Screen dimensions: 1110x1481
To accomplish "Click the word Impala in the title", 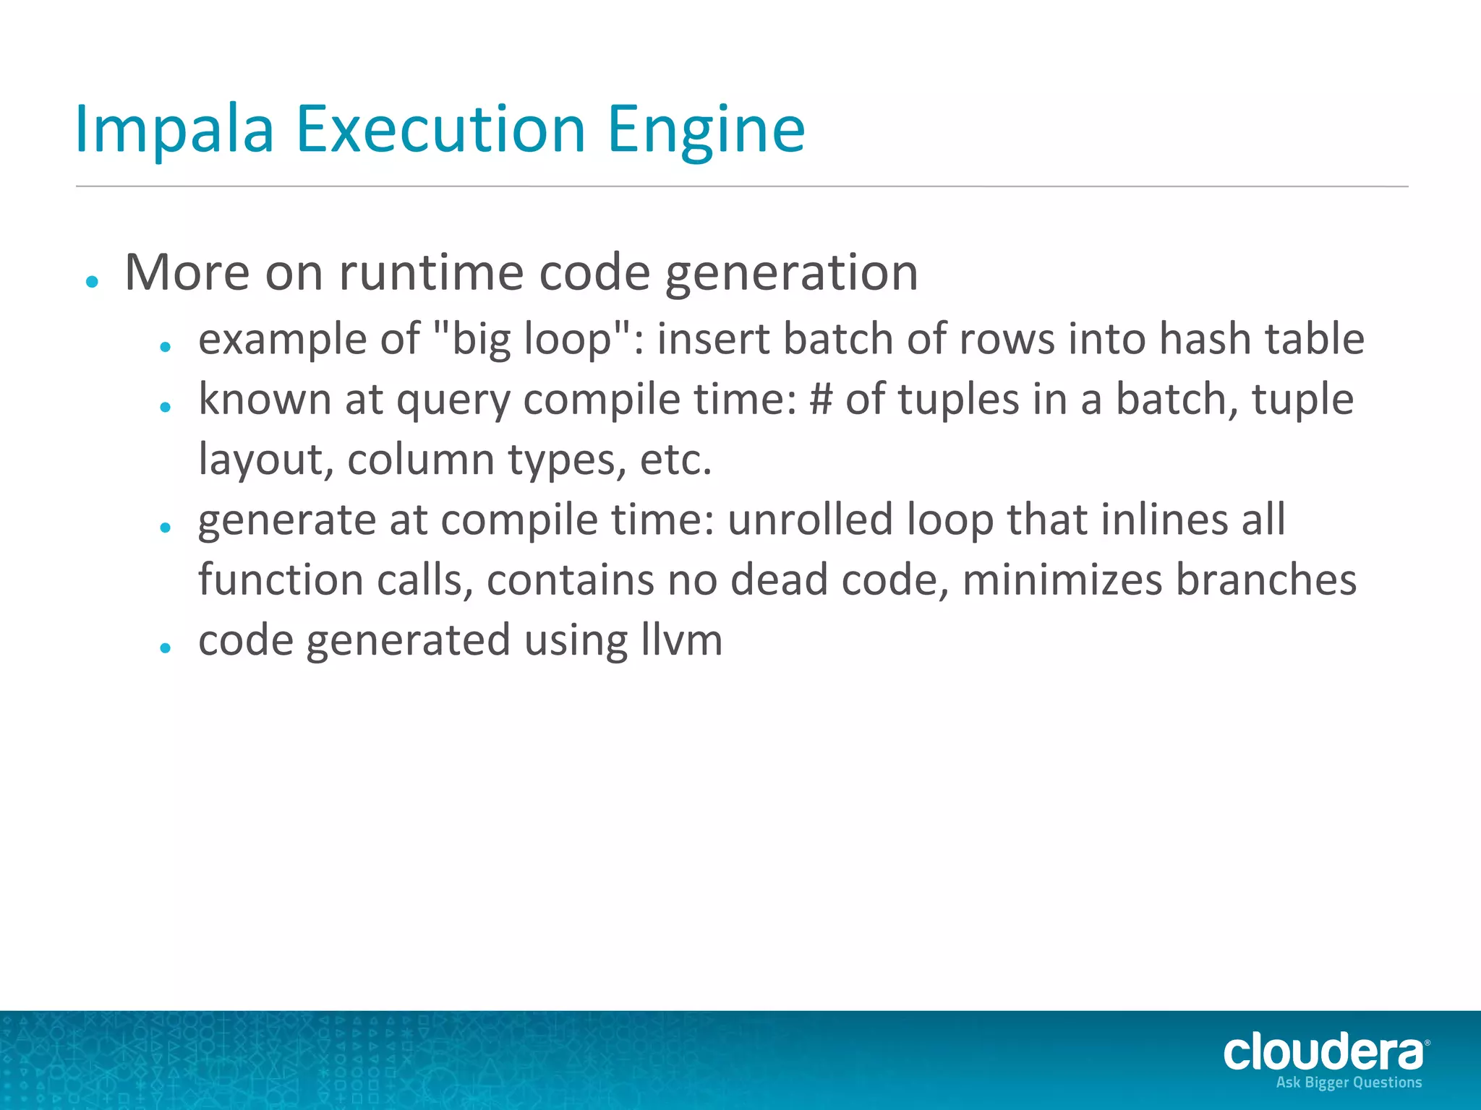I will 174,130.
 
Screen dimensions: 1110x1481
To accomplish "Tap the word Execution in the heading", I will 440,130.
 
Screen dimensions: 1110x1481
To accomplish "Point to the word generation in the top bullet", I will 791,273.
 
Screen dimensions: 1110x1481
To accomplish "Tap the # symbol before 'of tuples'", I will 821,399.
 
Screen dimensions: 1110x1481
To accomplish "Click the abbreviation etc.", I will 675,460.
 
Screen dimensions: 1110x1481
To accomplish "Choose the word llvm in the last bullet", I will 681,640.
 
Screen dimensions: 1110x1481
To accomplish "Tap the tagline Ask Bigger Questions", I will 1349,1083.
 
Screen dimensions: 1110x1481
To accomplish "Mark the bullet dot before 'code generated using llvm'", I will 166,648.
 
